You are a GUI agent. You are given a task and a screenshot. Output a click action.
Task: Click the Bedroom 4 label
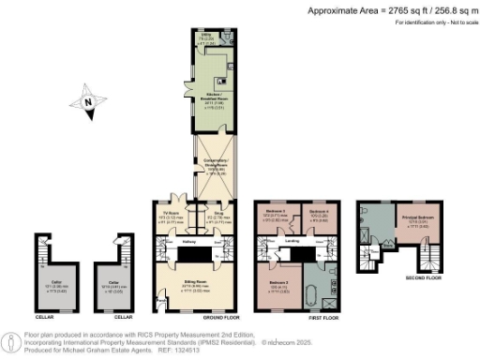(x=318, y=213)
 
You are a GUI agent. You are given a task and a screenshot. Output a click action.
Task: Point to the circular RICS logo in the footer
(x=11, y=339)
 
